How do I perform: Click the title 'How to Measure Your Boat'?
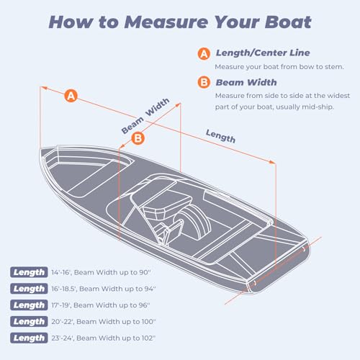coord(180,22)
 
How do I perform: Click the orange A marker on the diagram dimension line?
coord(71,95)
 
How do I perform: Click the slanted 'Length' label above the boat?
coord(220,135)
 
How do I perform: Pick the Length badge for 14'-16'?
coord(29,271)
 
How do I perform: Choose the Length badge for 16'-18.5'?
coord(29,288)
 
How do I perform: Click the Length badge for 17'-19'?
coord(29,305)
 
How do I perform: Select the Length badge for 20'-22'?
coord(29,321)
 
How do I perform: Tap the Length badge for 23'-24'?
coord(29,338)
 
